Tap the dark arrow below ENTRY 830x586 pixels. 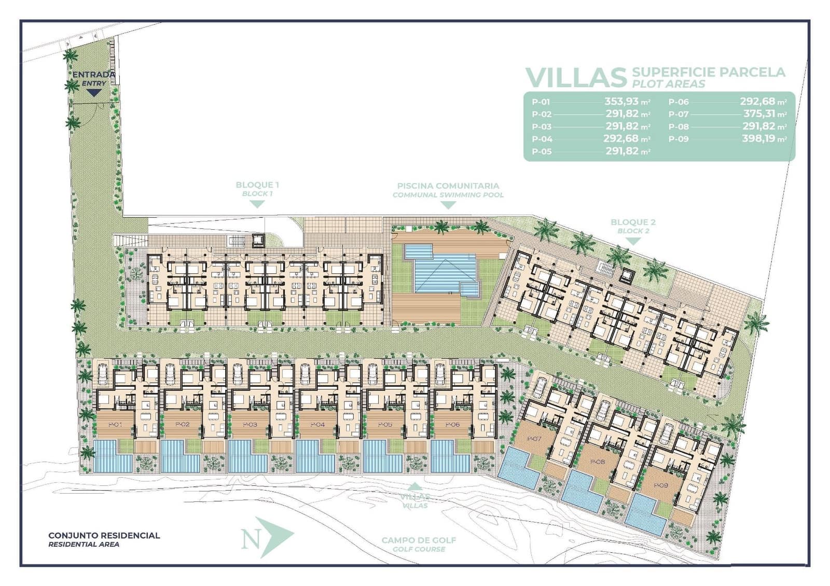[93, 93]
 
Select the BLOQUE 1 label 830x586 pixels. [257, 185]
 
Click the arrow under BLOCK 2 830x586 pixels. [633, 241]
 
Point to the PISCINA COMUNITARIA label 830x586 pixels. [448, 186]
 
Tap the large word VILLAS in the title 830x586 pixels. [576, 78]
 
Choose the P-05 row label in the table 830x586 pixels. [542, 152]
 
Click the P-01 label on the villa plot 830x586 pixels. [115, 424]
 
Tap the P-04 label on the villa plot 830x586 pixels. [317, 424]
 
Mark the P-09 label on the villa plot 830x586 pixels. [661, 485]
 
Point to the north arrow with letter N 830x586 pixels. [267, 537]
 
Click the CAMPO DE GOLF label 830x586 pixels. [419, 540]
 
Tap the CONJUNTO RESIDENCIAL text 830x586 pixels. [104, 535]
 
